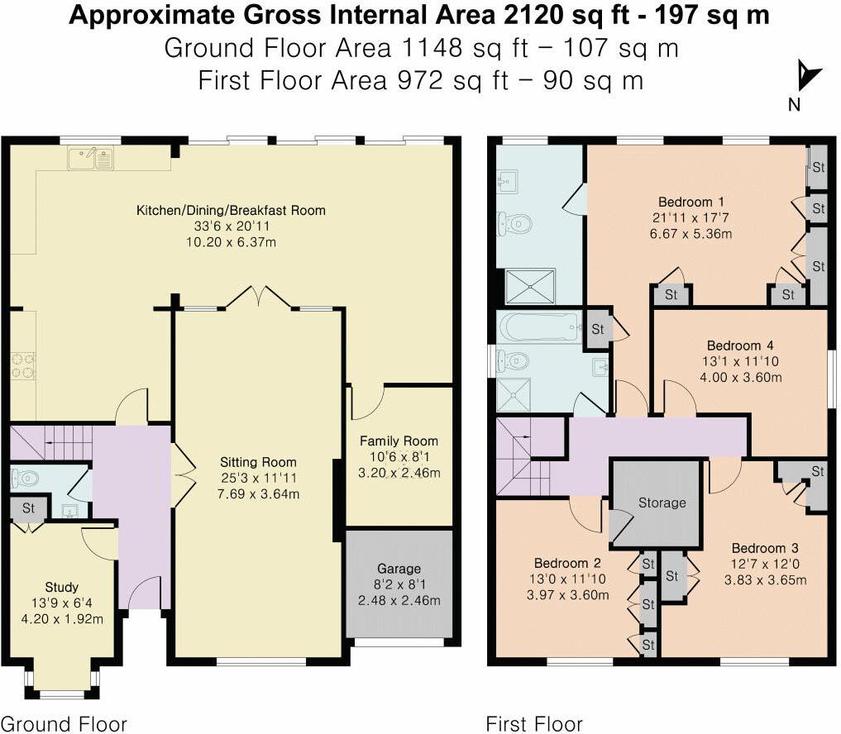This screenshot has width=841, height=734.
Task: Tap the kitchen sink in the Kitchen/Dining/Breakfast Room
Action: coord(92,157)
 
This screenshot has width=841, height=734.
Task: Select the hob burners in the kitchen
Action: coord(22,365)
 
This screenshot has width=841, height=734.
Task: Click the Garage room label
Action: coord(399,569)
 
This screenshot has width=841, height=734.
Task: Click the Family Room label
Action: coord(399,441)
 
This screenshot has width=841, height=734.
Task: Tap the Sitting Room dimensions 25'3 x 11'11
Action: coord(258,478)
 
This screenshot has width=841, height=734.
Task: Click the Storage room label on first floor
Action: coord(662,503)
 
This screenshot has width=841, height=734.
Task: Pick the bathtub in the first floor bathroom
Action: coord(538,326)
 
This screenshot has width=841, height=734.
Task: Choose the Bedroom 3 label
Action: coord(764,547)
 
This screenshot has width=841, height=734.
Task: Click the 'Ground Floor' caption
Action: coord(64,724)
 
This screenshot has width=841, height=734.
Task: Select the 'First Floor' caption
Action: coord(534,724)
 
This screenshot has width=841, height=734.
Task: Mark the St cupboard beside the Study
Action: coord(27,508)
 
